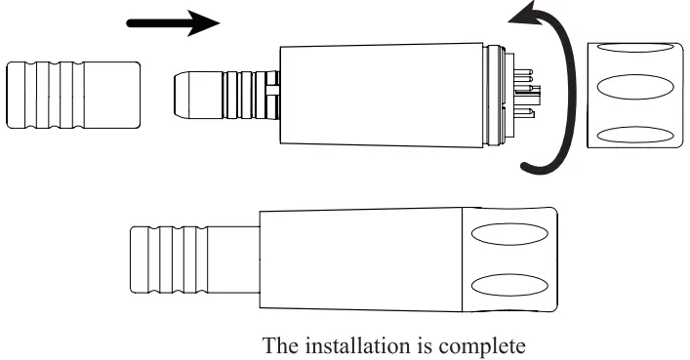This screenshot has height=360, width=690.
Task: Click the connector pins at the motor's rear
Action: [x=526, y=97]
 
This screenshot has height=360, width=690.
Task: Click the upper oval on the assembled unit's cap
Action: [x=508, y=235]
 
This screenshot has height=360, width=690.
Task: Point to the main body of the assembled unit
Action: [x=361, y=260]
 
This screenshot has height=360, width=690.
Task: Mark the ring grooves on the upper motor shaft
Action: [x=243, y=96]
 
